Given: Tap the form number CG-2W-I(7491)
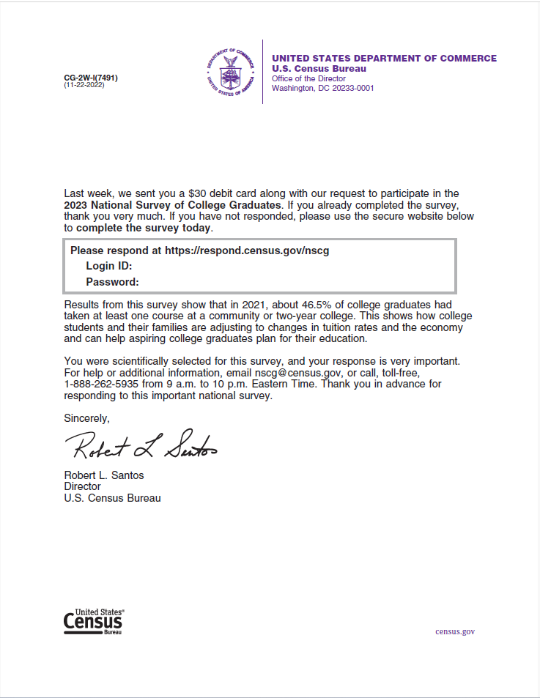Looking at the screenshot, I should tap(91, 78).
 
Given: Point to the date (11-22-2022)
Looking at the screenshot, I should tap(84, 86).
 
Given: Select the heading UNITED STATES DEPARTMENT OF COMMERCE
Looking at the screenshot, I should tap(384, 59).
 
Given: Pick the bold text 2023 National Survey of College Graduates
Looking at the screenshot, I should tap(172, 205).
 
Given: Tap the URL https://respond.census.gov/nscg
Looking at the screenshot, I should tap(247, 250).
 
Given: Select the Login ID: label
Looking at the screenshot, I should tap(108, 266).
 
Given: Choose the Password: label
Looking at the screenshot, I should tap(112, 282).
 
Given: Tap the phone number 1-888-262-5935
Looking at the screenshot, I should tap(100, 384).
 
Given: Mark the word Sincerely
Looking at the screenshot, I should tap(86, 418).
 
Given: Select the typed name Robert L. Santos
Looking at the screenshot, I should tap(104, 475).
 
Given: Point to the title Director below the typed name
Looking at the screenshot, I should tap(82, 486).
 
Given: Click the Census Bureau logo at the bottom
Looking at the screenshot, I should tap(94, 621).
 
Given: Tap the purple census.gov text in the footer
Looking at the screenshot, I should tap(455, 631).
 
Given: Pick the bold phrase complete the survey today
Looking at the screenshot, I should tap(144, 228).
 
